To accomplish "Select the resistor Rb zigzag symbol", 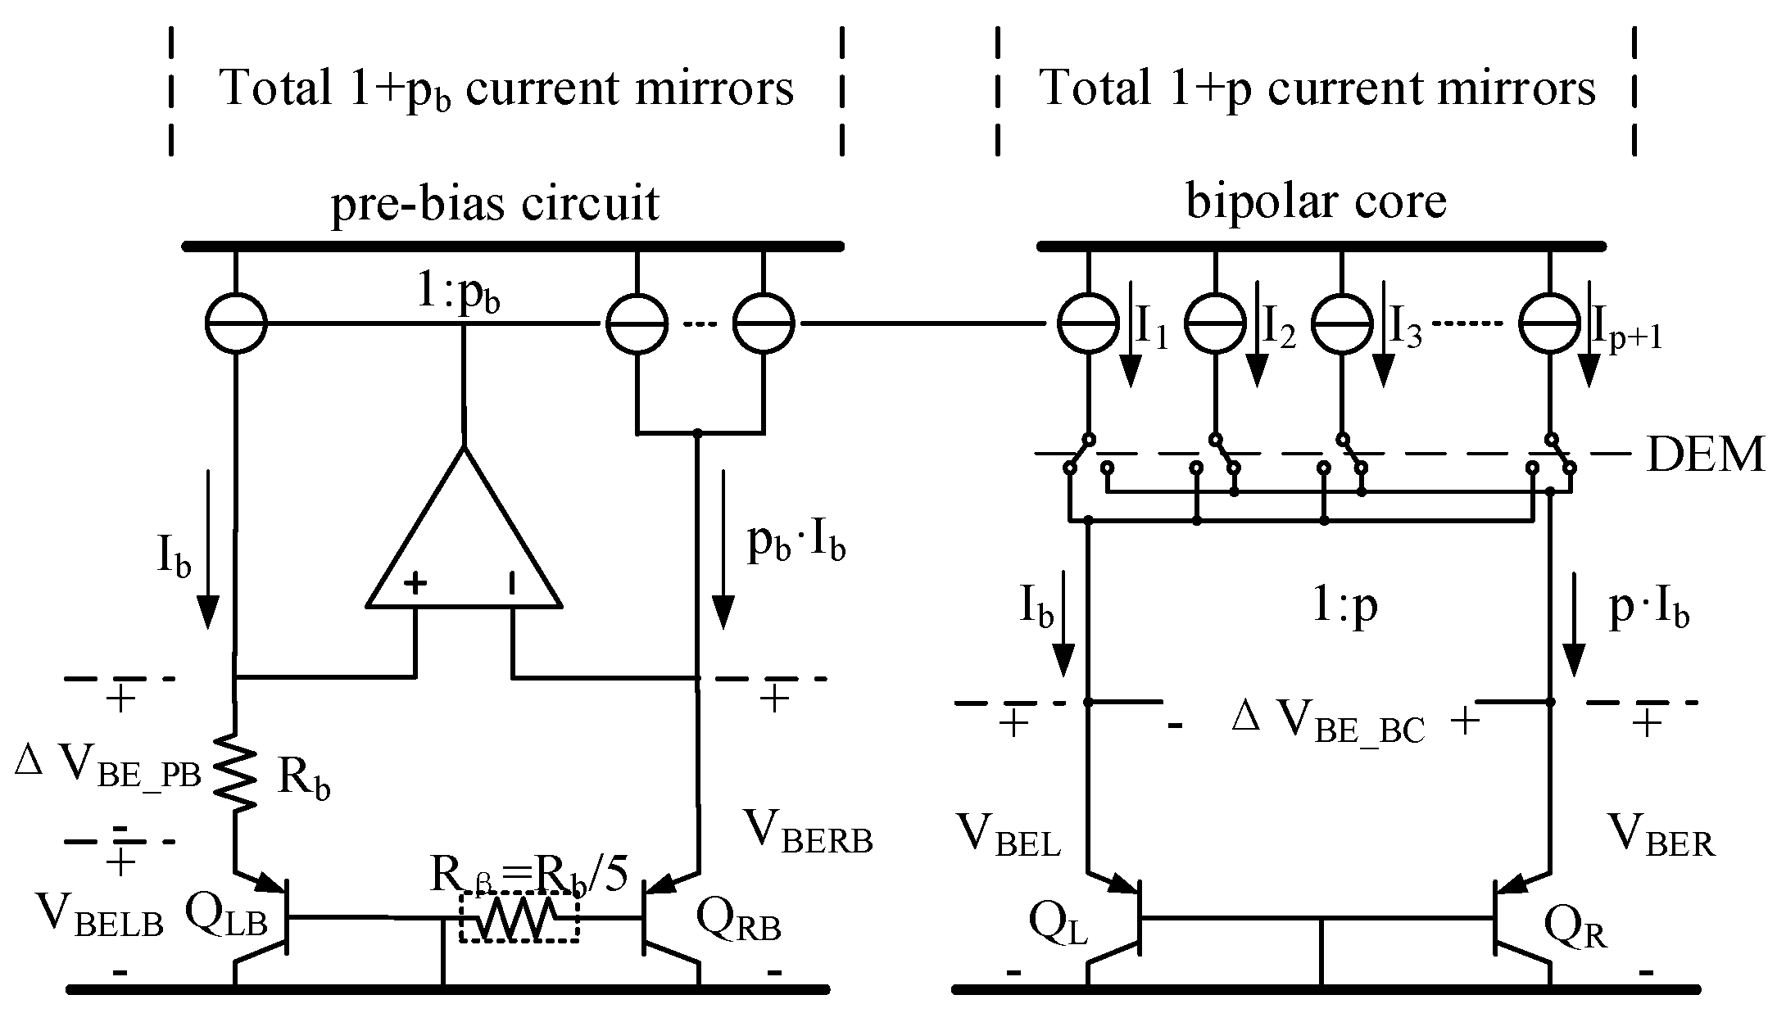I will [x=235, y=768].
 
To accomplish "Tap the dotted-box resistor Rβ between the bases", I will [x=519, y=918].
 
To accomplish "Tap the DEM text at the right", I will [x=1705, y=455].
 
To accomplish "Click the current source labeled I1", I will [x=1088, y=323].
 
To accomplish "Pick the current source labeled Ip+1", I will [x=1549, y=323].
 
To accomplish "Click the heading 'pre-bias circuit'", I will [x=494, y=202].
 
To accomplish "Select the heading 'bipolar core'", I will [x=1316, y=201].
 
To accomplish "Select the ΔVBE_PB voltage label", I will [x=107, y=771].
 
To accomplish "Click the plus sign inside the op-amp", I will [x=417, y=583].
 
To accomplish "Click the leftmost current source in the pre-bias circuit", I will [x=235, y=323].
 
